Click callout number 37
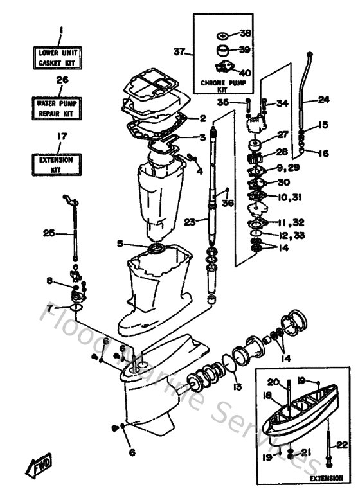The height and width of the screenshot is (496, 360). pyautogui.click(x=180, y=51)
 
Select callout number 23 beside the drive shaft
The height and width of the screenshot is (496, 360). pyautogui.click(x=189, y=222)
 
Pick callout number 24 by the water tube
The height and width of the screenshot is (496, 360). pyautogui.click(x=323, y=100)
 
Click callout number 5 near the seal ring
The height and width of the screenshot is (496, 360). pyautogui.click(x=120, y=244)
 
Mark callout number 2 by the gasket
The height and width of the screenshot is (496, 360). pyautogui.click(x=202, y=118)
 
